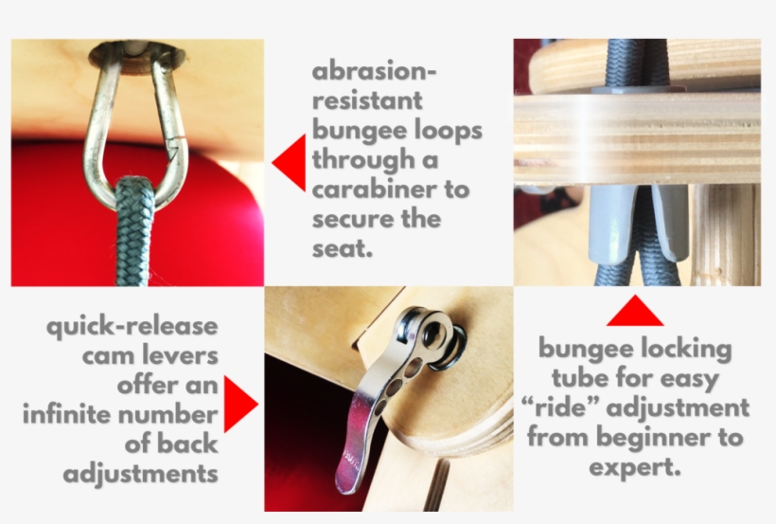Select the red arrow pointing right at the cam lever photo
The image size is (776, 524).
(238, 404)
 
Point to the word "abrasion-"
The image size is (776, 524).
(374, 71)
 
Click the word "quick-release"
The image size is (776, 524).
(132, 327)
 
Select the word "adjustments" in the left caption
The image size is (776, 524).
(141, 475)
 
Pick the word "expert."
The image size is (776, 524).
(635, 467)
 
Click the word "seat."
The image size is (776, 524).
(342, 248)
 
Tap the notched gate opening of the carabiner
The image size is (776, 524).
(174, 144)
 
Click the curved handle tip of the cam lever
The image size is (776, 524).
(346, 476)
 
